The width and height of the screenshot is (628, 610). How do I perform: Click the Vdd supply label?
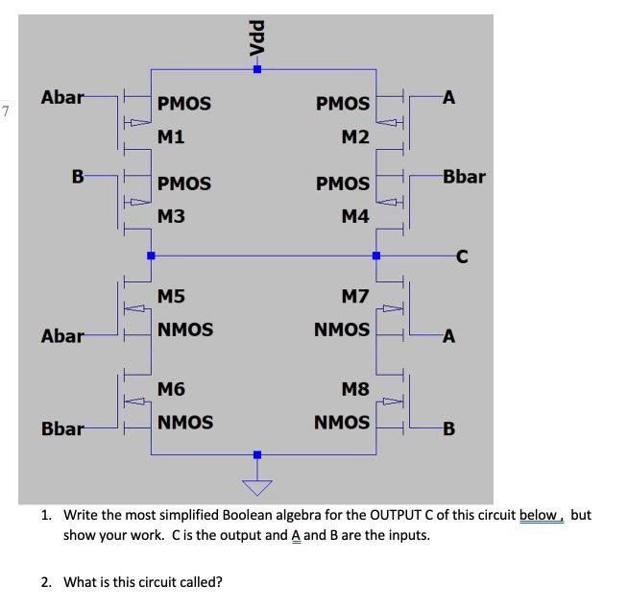256,39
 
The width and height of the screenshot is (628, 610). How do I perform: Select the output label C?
462,256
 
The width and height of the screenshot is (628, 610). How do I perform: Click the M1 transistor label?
171,137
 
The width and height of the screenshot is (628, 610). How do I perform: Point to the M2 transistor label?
354,137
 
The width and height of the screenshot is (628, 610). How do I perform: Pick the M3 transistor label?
171,217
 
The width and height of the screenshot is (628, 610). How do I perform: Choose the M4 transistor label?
354,217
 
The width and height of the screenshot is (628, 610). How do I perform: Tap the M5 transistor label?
171,297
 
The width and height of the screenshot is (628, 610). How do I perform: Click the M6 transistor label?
171,389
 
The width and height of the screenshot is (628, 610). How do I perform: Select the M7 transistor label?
354,297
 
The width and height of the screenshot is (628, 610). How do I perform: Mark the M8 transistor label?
354,389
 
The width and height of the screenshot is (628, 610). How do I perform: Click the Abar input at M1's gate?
62,97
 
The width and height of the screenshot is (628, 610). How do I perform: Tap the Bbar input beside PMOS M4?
464,177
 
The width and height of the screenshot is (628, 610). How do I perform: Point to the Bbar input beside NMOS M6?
62,428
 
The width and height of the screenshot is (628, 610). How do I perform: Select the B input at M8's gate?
448,428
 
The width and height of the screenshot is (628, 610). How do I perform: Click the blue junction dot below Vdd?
256,69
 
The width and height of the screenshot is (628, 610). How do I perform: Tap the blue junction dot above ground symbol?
256,454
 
